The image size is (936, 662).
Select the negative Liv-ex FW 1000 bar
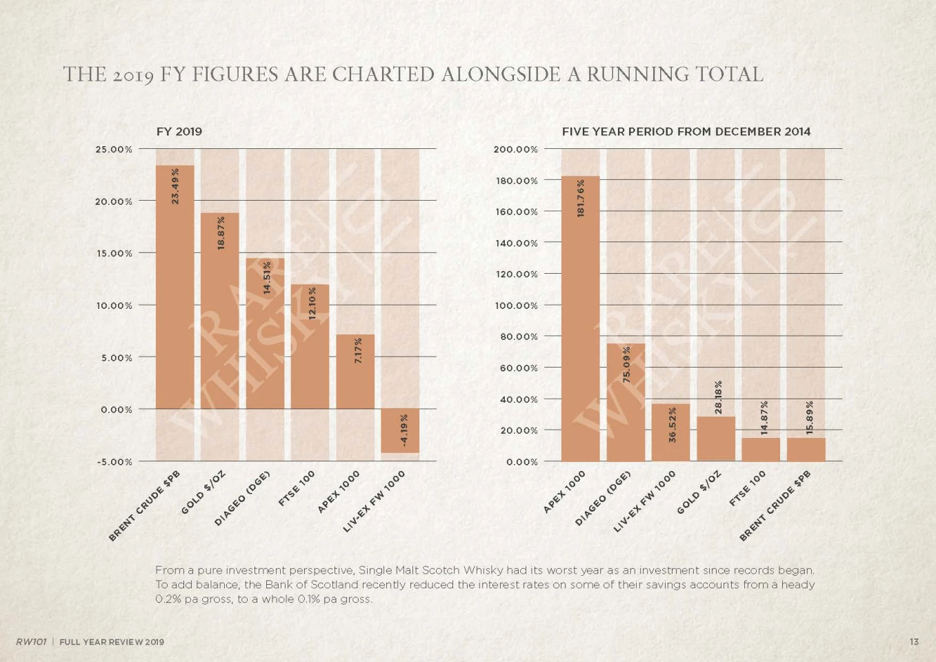[x=400, y=431]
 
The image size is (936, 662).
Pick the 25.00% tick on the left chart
[x=114, y=150]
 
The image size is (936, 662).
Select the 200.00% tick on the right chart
[x=515, y=150]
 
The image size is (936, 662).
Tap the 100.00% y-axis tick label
[x=515, y=305]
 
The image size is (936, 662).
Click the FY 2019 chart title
[x=179, y=132]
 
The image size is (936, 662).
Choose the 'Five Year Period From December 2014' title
[x=686, y=132]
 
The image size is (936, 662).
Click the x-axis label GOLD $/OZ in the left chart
[x=202, y=493]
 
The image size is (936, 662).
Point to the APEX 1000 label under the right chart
[x=564, y=492]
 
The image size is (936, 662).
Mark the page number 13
[x=914, y=642]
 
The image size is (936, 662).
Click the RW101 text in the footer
[x=31, y=642]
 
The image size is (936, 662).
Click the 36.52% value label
[x=673, y=425]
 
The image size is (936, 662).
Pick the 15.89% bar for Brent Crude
[x=806, y=450]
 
